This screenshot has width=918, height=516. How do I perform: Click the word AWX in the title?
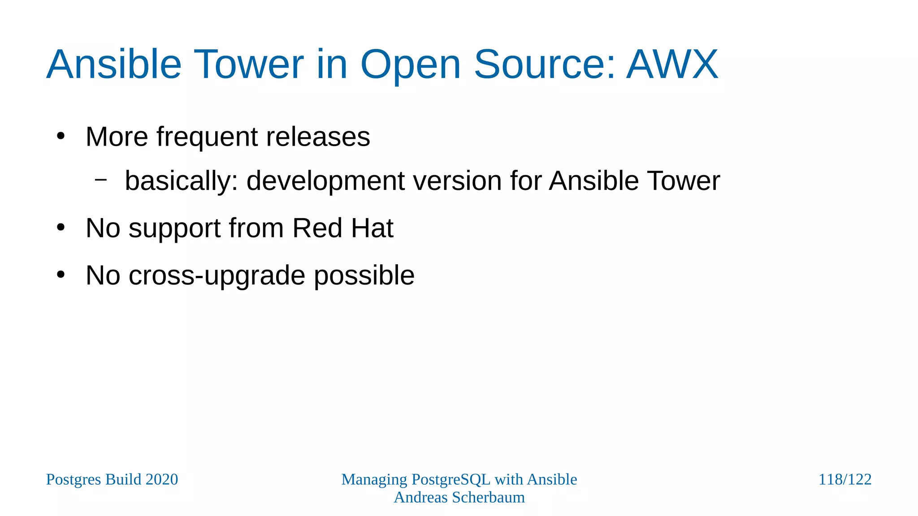click(672, 64)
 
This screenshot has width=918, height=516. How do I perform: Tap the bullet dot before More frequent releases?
click(61, 136)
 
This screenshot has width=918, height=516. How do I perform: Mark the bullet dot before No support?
click(61, 228)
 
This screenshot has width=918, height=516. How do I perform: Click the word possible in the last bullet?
click(364, 276)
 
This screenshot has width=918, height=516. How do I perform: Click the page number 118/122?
click(844, 479)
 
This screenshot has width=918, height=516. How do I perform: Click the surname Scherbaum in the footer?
click(488, 498)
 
